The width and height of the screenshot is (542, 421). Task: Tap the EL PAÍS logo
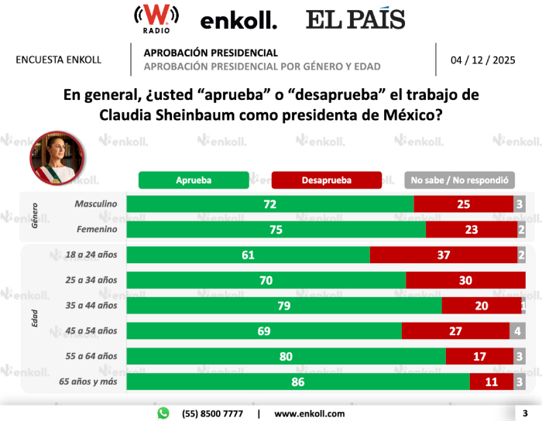click(x=355, y=19)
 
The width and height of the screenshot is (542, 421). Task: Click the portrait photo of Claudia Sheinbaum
click(x=56, y=156)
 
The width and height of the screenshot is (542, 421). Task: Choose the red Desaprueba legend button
click(x=327, y=180)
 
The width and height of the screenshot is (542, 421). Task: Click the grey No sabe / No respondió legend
click(x=459, y=180)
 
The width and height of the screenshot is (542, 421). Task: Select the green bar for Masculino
click(x=270, y=204)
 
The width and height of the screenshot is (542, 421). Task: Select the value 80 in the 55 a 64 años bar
click(x=286, y=335)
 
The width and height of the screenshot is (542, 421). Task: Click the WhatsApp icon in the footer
click(x=163, y=413)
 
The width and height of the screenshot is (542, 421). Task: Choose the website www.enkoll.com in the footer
click(x=310, y=413)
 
